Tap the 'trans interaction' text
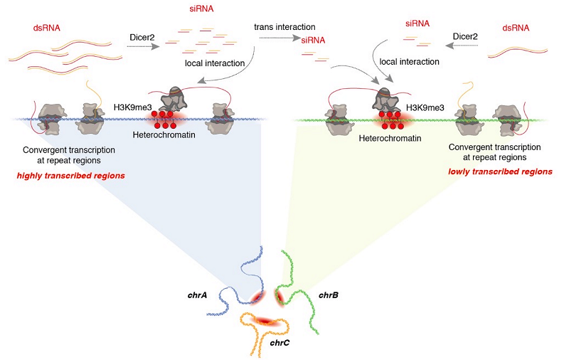pyautogui.click(x=284, y=27)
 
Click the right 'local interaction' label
pyautogui.click(x=403, y=62)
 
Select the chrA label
pyautogui.click(x=197, y=293)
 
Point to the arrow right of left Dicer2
pyautogui.click(x=142, y=46)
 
